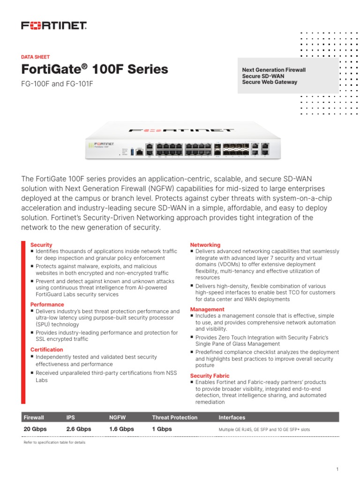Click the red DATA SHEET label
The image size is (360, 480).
tap(36, 57)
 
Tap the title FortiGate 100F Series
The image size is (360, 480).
tap(95, 69)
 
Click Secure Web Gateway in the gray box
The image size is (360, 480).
tap(270, 82)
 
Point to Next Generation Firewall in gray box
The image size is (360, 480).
tap(274, 70)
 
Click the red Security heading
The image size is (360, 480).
tap(41, 245)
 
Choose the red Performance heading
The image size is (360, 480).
tap(47, 305)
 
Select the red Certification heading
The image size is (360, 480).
tap(46, 350)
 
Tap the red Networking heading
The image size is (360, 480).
tap(205, 245)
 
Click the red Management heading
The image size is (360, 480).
tap(207, 309)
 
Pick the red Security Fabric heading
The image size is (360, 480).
tap(210, 375)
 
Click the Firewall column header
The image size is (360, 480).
tap(34, 417)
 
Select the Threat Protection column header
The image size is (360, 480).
tap(174, 417)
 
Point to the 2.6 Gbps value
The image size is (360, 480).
tap(79, 429)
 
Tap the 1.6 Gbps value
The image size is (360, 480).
tap(121, 429)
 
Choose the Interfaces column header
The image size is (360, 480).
tap(232, 417)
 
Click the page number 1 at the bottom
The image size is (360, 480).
tap(337, 469)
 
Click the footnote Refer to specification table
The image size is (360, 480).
tap(54, 442)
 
